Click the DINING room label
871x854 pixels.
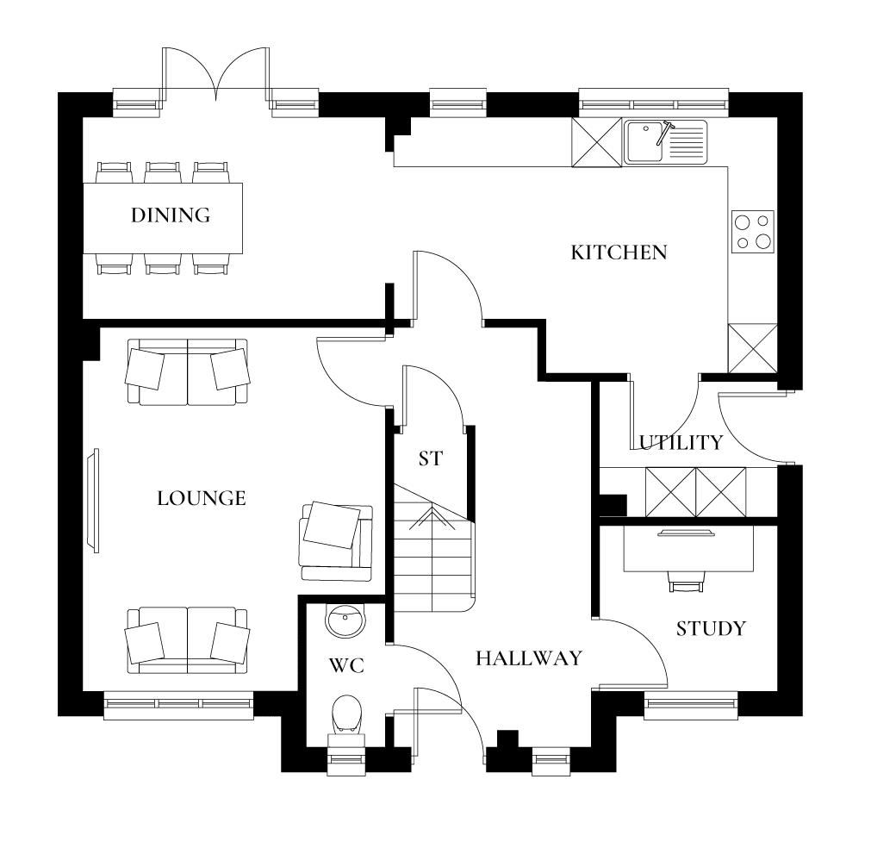click(171, 215)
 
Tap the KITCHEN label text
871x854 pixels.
click(619, 252)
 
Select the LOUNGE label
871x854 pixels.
click(202, 498)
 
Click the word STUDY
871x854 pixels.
click(710, 629)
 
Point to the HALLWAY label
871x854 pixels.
click(529, 658)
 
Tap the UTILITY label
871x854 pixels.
click(681, 443)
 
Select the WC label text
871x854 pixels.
click(346, 666)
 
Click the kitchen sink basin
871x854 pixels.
click(644, 141)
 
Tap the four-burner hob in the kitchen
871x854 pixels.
click(752, 232)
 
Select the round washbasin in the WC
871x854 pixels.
click(347, 620)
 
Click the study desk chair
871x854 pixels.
click(686, 583)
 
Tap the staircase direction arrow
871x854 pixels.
click(432, 517)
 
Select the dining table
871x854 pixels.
click(163, 217)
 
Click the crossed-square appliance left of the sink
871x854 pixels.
click(596, 141)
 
